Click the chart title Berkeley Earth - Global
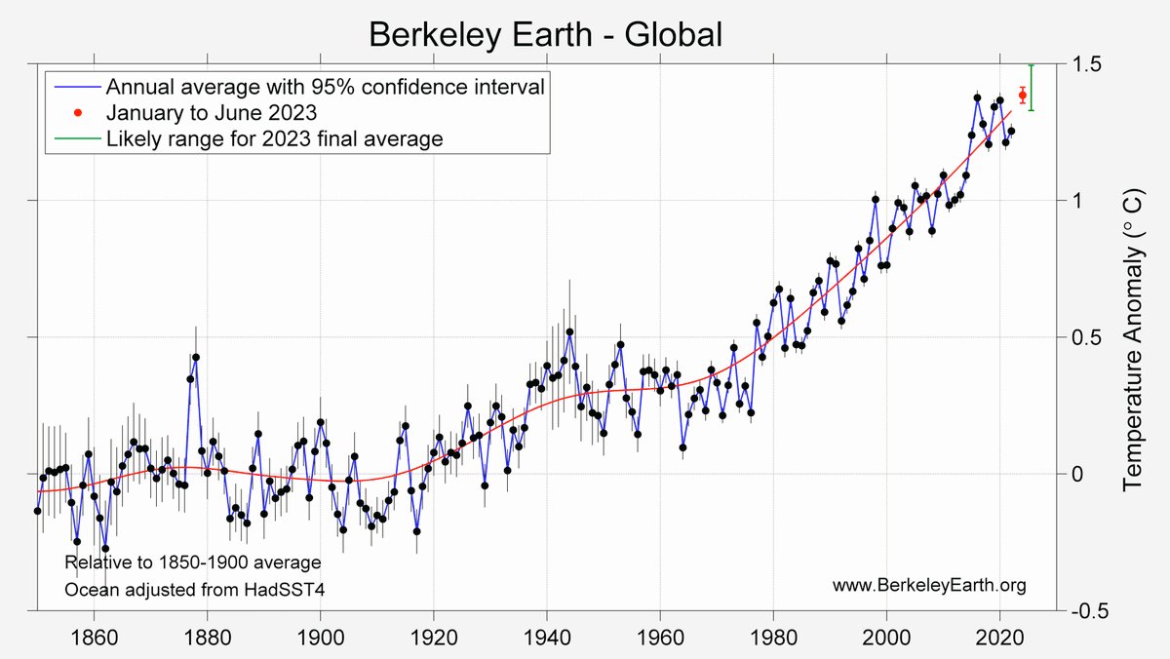pyautogui.click(x=545, y=35)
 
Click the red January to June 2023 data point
pyautogui.click(x=1022, y=95)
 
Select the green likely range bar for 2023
pyautogui.click(x=1032, y=88)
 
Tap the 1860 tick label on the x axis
pyautogui.click(x=94, y=638)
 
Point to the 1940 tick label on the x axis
pyautogui.click(x=547, y=638)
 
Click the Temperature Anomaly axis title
pyautogui.click(x=1134, y=338)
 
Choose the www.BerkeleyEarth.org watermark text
pyautogui.click(x=929, y=585)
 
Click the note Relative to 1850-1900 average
pyautogui.click(x=192, y=563)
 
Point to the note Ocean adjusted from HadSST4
pyautogui.click(x=191, y=590)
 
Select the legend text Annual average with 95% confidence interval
pyautogui.click(x=325, y=86)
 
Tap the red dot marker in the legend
pyautogui.click(x=76, y=112)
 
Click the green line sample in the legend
pyautogui.click(x=76, y=138)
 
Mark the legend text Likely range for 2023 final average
pyautogui.click(x=275, y=138)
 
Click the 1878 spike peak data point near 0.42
pyautogui.click(x=196, y=358)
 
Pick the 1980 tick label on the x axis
pyautogui.click(x=773, y=638)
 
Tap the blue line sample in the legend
pyautogui.click(x=76, y=86)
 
